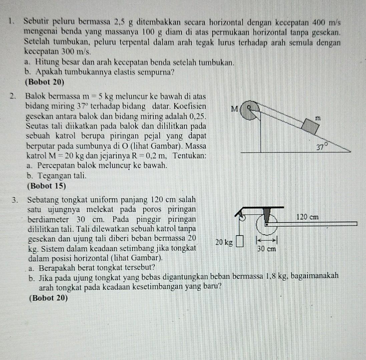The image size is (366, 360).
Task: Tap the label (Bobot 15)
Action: (47, 186)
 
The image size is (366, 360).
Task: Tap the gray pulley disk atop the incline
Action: (249, 111)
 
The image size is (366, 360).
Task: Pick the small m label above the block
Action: (319, 117)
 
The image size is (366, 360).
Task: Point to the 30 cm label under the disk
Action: (267, 249)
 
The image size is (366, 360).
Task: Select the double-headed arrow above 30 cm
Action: (266, 239)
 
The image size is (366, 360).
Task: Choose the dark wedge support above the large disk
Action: (267, 215)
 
